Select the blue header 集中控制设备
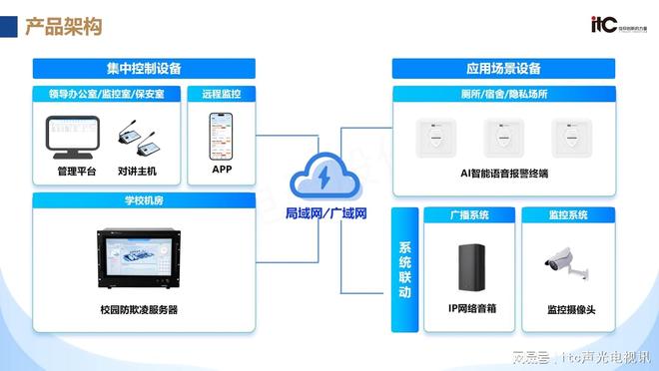[144, 69]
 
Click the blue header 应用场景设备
[502, 69]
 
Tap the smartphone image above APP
[222, 136]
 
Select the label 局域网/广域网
[327, 213]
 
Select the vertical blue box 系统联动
[404, 269]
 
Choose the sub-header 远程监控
[222, 95]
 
